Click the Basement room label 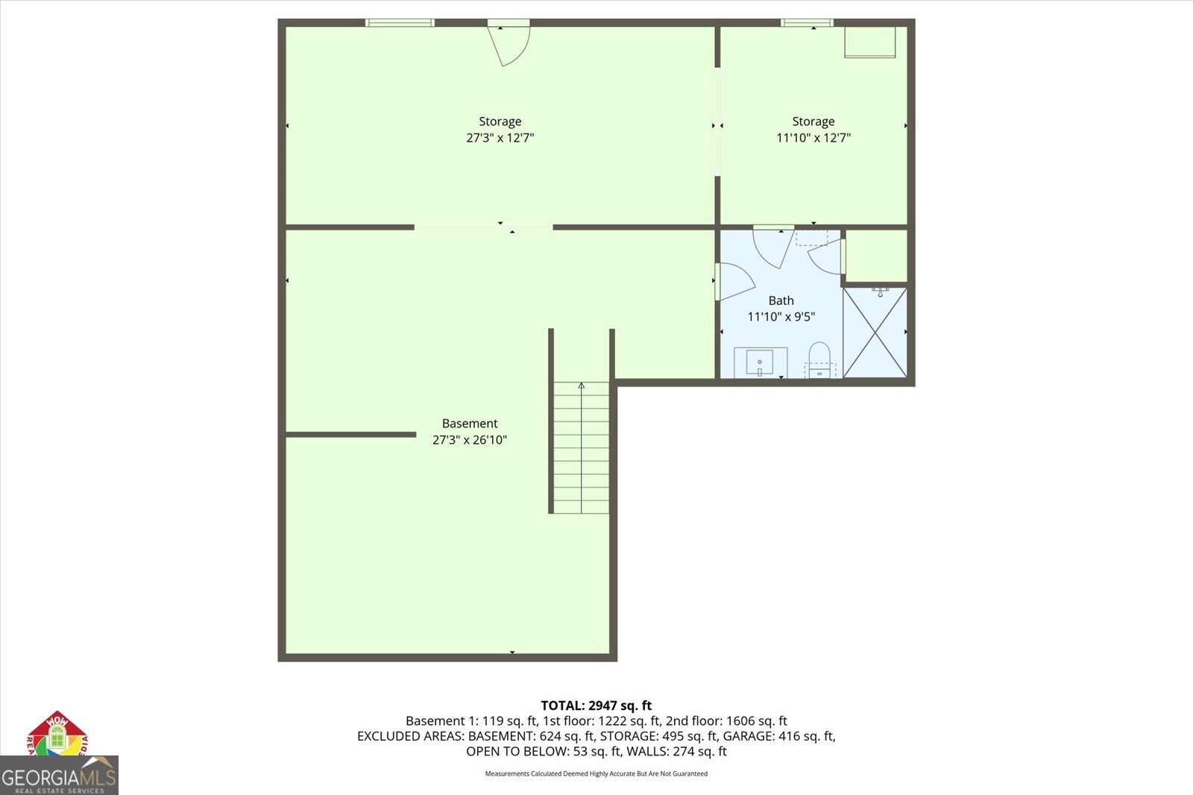click(x=469, y=423)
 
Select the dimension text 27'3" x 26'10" click(x=469, y=440)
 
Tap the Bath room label click(x=781, y=301)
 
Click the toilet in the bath click(x=819, y=360)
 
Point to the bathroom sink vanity click(x=761, y=362)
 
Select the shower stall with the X click(x=875, y=333)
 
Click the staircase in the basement click(x=581, y=447)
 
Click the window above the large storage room click(x=400, y=23)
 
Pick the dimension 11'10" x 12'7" click(x=813, y=138)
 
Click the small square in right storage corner click(x=869, y=42)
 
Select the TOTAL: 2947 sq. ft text click(x=596, y=706)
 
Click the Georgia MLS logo click(x=59, y=776)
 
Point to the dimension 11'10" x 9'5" click(x=781, y=317)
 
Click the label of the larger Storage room click(x=500, y=122)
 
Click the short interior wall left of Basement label click(x=350, y=434)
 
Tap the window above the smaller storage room click(x=807, y=23)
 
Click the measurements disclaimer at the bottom click(x=596, y=774)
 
